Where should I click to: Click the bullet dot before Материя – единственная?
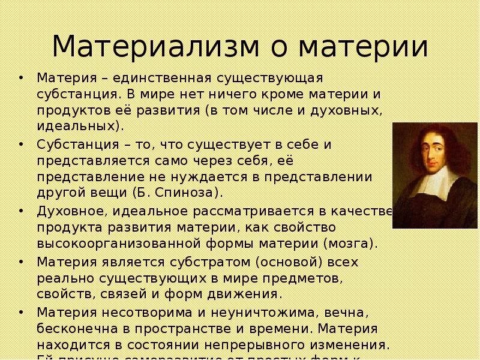click(22, 79)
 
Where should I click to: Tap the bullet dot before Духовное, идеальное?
click(22, 211)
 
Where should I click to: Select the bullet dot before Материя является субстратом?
click(22, 262)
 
